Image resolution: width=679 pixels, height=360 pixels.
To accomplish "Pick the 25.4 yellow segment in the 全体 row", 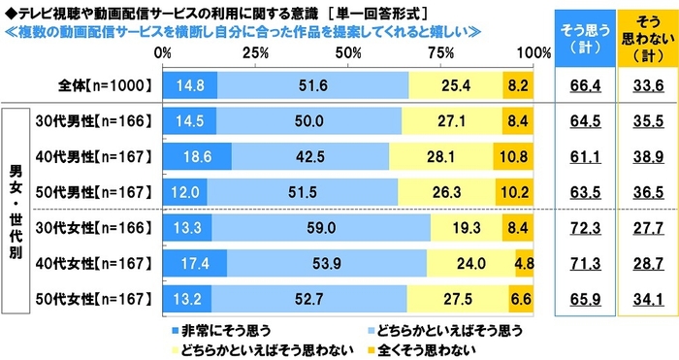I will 456,86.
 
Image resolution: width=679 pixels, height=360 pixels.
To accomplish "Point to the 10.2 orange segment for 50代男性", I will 514,191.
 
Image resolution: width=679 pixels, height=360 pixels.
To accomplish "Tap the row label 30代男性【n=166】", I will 94,122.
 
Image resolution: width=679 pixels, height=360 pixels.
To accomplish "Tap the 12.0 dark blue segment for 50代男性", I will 185,191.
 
